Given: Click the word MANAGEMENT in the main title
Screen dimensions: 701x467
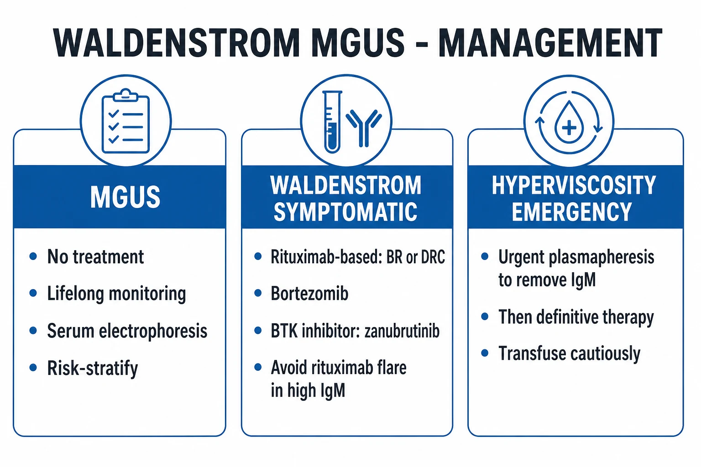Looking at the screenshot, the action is coord(550,43).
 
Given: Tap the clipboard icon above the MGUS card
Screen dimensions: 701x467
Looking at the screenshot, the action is coord(126,121).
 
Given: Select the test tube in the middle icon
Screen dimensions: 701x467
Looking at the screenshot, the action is coord(332,122).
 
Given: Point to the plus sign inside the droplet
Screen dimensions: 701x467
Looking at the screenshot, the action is coord(569,128).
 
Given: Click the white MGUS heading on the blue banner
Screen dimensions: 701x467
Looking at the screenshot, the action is coord(125,197).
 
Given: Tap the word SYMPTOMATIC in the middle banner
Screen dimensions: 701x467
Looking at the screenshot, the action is coord(345,212).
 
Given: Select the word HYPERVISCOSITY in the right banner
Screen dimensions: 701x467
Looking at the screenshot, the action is coord(574,185).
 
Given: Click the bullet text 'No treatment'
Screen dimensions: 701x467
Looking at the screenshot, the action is coord(95,257).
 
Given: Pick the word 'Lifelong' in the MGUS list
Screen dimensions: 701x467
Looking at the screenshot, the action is coord(75,294).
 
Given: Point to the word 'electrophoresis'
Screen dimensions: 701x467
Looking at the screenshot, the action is coord(153,331).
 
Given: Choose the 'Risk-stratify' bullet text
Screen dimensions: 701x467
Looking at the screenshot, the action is coord(92,368).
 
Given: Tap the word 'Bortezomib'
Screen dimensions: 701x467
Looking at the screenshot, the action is coord(309,293).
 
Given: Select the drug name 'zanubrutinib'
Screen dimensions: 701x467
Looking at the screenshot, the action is coord(402,331).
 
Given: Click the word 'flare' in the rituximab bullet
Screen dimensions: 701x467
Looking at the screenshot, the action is coord(393,368).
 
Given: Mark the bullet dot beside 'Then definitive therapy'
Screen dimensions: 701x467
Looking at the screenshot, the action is coord(485,317).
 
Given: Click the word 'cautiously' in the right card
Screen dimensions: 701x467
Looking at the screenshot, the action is coord(606,354).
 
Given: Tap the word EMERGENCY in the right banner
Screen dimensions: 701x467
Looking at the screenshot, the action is coord(572,212).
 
